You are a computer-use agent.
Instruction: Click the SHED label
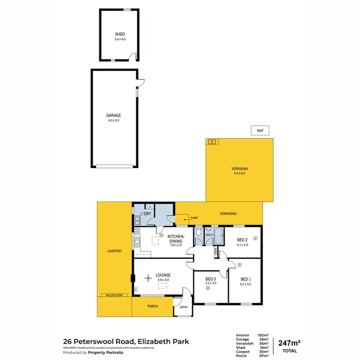pos(120,34)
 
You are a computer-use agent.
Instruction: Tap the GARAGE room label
pos(114,115)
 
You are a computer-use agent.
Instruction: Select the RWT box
pos(260,130)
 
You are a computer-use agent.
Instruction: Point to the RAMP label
pos(194,218)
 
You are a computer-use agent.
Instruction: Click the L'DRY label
pos(145,214)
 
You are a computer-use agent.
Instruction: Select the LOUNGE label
pos(163,275)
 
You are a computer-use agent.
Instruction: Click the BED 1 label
pos(246,279)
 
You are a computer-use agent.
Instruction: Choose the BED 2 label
pos(243,240)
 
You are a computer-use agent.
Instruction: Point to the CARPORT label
pos(115,251)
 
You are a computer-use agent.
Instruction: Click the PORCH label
pos(153,306)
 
